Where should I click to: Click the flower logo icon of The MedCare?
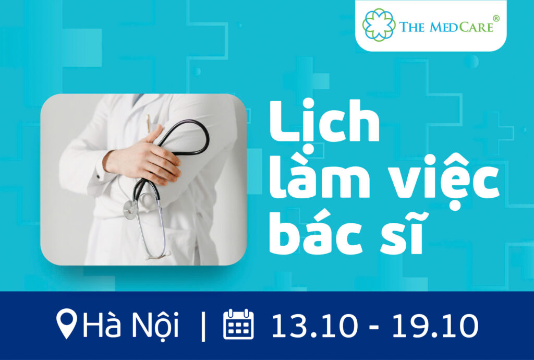coord(379,25)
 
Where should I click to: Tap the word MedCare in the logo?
coord(462,27)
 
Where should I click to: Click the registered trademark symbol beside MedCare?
coord(496,18)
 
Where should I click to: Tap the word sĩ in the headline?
coord(403,234)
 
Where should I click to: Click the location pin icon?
coord(66,323)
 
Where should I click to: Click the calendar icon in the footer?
coord(238,324)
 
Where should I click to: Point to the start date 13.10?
coord(314,326)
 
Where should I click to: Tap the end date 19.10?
coord(435,326)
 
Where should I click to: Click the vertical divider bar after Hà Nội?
coord(203,327)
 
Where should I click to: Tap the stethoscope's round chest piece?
coord(130,209)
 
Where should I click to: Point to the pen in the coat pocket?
coord(148,124)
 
